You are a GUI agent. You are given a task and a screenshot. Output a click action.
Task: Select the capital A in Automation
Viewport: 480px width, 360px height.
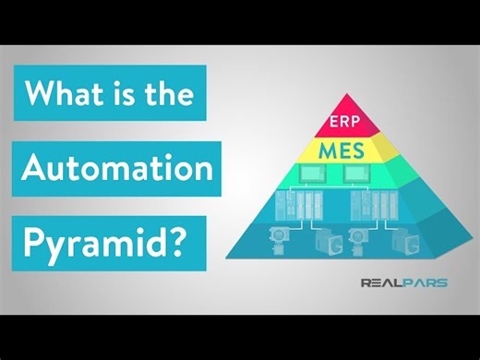point(35,169)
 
